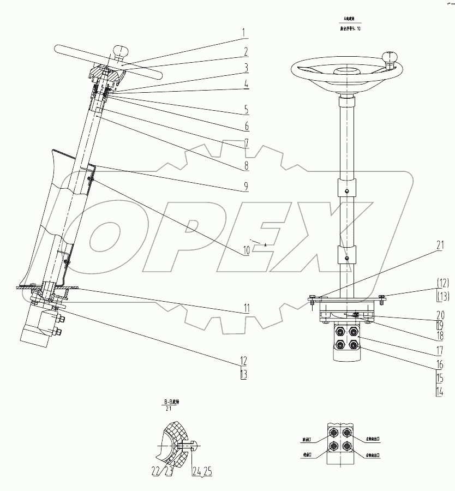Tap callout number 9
tap(246, 187)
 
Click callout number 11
tap(246, 309)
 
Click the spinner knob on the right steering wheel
tap(391, 56)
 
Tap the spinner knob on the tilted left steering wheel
tap(120, 52)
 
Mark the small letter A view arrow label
tap(265, 245)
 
